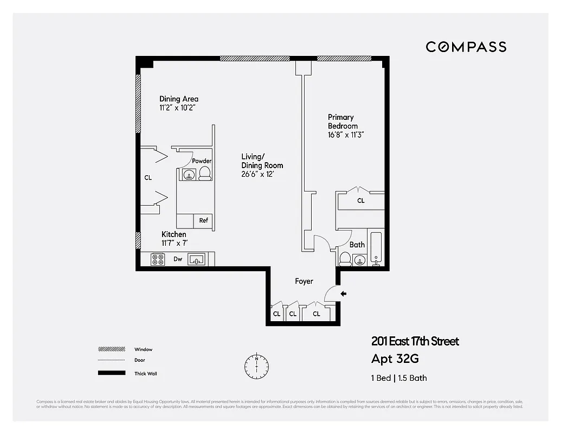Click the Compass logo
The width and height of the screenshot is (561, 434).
click(466, 47)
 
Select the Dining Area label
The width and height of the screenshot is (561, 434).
click(178, 103)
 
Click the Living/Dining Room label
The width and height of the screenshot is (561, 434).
click(262, 165)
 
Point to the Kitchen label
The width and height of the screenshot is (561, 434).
click(174, 239)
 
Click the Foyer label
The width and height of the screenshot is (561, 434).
click(304, 281)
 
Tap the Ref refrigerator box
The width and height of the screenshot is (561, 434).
click(204, 221)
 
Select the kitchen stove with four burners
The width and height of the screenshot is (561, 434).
click(158, 259)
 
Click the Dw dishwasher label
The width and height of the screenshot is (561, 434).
click(178, 259)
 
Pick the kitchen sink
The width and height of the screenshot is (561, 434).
click(196, 260)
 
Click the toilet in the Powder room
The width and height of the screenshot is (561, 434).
click(205, 173)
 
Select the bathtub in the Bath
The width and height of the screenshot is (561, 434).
click(377, 248)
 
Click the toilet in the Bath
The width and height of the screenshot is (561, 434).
click(345, 259)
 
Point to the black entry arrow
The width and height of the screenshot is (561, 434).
click(343, 294)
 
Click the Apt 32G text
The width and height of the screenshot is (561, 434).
click(395, 359)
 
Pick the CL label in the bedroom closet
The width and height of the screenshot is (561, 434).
click(361, 201)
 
